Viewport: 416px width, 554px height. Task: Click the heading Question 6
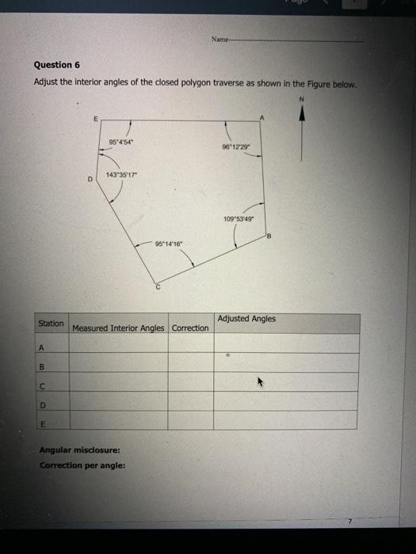tap(57, 65)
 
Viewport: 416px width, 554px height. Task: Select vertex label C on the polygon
tap(158, 288)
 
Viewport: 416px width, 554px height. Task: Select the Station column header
tap(51, 324)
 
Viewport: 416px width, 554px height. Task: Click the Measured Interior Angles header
tap(118, 328)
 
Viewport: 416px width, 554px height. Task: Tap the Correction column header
tap(190, 328)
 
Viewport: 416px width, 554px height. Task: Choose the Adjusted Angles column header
tap(246, 319)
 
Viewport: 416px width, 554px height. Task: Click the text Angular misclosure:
tap(74, 450)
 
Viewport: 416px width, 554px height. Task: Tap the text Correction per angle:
tap(82, 465)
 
